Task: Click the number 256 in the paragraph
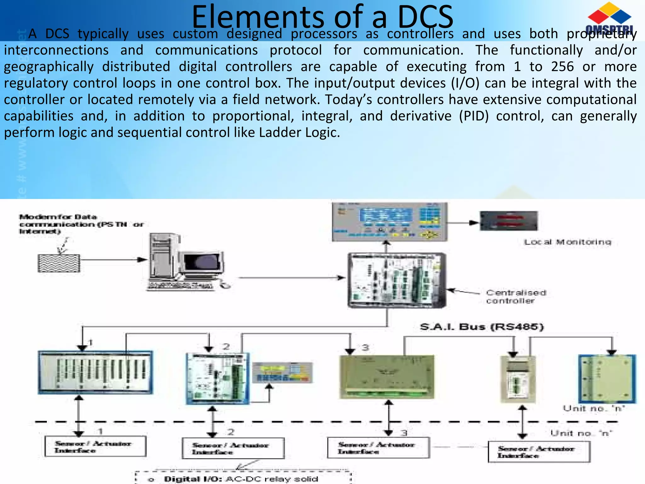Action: [x=562, y=67]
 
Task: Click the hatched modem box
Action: [x=59, y=263]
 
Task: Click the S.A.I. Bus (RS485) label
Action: [x=482, y=327]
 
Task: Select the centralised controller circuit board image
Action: [x=397, y=280]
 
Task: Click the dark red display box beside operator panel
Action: [x=509, y=221]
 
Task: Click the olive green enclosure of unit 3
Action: [x=387, y=377]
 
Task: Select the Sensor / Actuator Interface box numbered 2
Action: [x=233, y=448]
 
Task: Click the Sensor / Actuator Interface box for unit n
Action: [x=539, y=452]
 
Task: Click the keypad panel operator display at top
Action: [x=390, y=222]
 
